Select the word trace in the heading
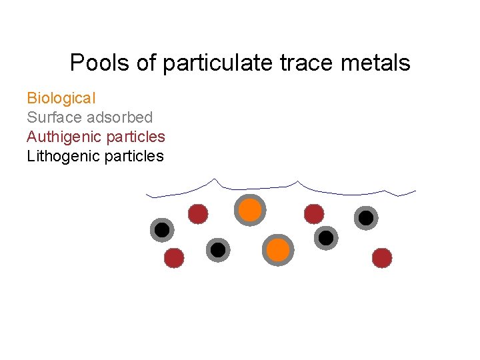point(309,63)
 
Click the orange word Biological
point(61,98)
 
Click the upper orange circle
point(250,210)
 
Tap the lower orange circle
point(278,250)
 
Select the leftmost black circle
point(162,230)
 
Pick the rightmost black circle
point(365,217)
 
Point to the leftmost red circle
point(174,257)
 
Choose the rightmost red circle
point(381,257)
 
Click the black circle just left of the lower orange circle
point(217,250)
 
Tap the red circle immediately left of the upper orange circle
point(198,214)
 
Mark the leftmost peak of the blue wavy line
point(214,179)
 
